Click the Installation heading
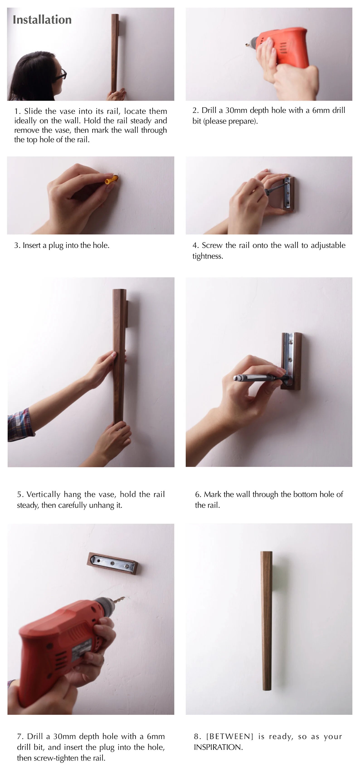[42, 20]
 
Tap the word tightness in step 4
[207, 256]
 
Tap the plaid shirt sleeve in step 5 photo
[19, 425]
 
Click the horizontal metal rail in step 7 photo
[113, 563]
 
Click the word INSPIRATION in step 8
[218, 747]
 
